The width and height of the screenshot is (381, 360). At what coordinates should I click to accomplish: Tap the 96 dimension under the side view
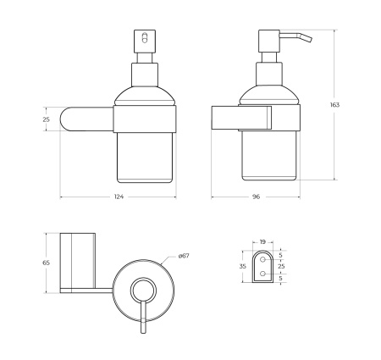[x=255, y=197]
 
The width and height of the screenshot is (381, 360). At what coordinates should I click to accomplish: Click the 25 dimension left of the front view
[x=47, y=119]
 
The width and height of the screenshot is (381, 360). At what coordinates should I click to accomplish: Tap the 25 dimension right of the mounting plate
[x=282, y=266]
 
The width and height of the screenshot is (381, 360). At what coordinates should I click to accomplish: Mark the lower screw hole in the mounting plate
[x=262, y=276]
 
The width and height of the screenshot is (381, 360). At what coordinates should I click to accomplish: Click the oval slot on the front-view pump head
[x=142, y=39]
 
